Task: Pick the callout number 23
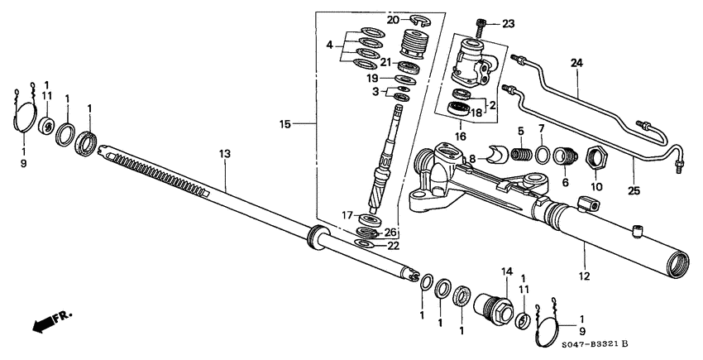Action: click(x=507, y=23)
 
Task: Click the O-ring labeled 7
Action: click(x=543, y=155)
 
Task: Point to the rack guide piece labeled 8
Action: click(x=499, y=155)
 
